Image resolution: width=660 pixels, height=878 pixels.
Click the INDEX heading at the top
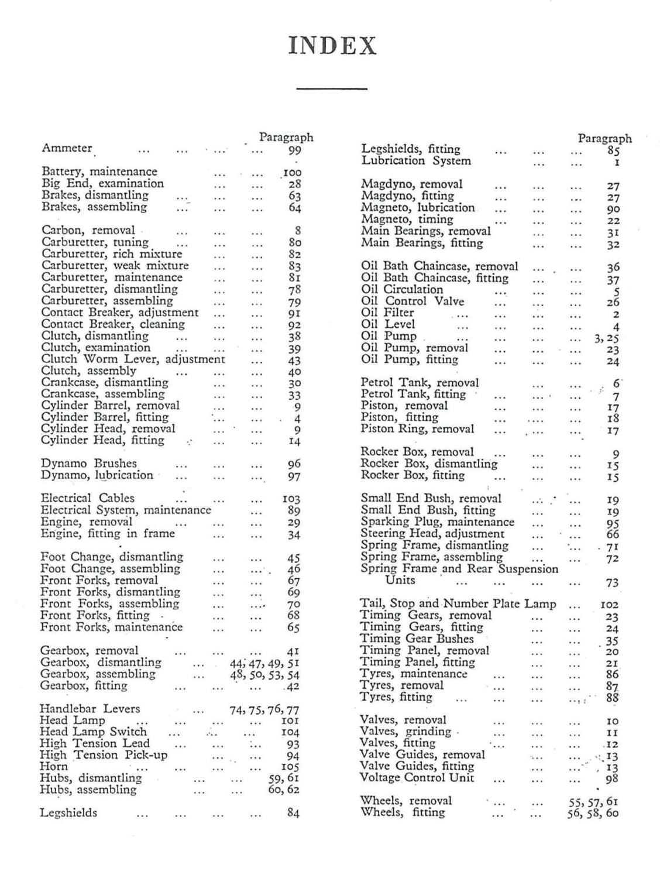332,46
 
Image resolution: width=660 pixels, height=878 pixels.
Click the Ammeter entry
67,149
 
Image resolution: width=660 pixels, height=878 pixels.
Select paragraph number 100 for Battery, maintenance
292,173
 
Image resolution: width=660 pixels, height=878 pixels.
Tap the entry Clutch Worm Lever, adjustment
133,359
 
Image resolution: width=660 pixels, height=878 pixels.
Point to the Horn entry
54,767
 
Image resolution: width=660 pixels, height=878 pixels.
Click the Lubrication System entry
415,161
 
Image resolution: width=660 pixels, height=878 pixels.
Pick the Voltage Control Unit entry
417,778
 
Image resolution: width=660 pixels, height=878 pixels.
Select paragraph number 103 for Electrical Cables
291,499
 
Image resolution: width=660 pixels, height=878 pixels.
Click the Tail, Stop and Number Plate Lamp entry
458,603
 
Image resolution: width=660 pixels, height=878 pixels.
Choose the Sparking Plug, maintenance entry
437,522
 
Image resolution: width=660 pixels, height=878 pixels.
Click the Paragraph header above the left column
286,138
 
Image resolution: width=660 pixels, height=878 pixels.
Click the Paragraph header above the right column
604,139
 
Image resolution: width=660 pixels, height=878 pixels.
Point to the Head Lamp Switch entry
93,732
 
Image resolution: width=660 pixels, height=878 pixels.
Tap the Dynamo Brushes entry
88,464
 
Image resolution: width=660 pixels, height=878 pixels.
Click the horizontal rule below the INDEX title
332,89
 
